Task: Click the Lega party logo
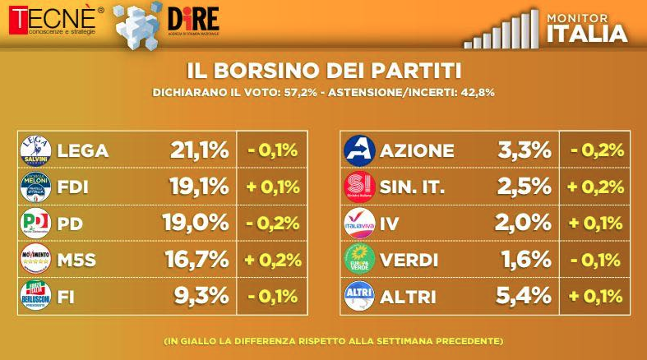[x=35, y=150]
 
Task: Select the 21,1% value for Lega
[x=198, y=150]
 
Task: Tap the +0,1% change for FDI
[x=272, y=187]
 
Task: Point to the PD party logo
[x=35, y=222]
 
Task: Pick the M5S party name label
[x=77, y=259]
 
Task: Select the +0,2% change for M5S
[x=272, y=259]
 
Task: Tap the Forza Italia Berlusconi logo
[x=35, y=295]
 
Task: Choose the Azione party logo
[x=358, y=150]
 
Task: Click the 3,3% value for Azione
[x=524, y=150]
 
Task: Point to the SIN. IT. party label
[x=412, y=187]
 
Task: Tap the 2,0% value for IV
[x=524, y=223]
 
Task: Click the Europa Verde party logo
[x=358, y=259]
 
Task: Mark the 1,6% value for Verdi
[x=524, y=259]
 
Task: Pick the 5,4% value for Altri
[x=524, y=295]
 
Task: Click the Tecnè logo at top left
[x=53, y=20]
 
